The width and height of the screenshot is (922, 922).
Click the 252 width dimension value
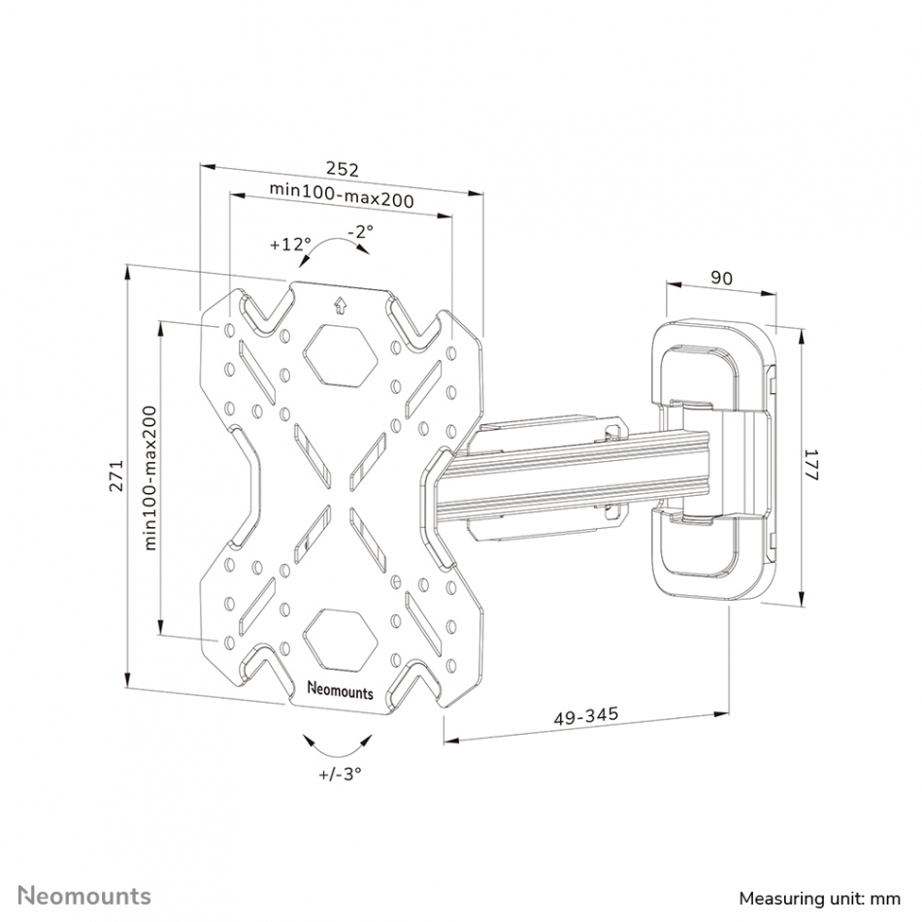pos(343,169)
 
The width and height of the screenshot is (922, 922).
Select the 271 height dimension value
pos(117,476)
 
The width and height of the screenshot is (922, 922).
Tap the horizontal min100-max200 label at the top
pos(342,194)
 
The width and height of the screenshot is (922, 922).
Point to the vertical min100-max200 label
pos(150,478)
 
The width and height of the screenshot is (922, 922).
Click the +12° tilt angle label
pos(290,244)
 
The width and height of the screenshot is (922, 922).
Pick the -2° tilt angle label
pos(360,231)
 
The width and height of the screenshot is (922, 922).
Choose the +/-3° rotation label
pos(340,774)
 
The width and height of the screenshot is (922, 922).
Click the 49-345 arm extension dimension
pos(586,716)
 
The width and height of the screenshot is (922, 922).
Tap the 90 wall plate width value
pos(721,278)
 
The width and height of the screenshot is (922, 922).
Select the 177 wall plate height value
pos(811,465)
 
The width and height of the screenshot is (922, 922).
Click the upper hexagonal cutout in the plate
pos(340,356)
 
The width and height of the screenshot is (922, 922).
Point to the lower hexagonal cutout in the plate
pos(340,640)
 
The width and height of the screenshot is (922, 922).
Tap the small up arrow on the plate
pos(340,306)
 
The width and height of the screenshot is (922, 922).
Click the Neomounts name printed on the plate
pos(341,690)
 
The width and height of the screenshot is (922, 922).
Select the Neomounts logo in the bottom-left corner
pos(84,896)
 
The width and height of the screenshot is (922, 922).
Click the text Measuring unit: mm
pos(820,899)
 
